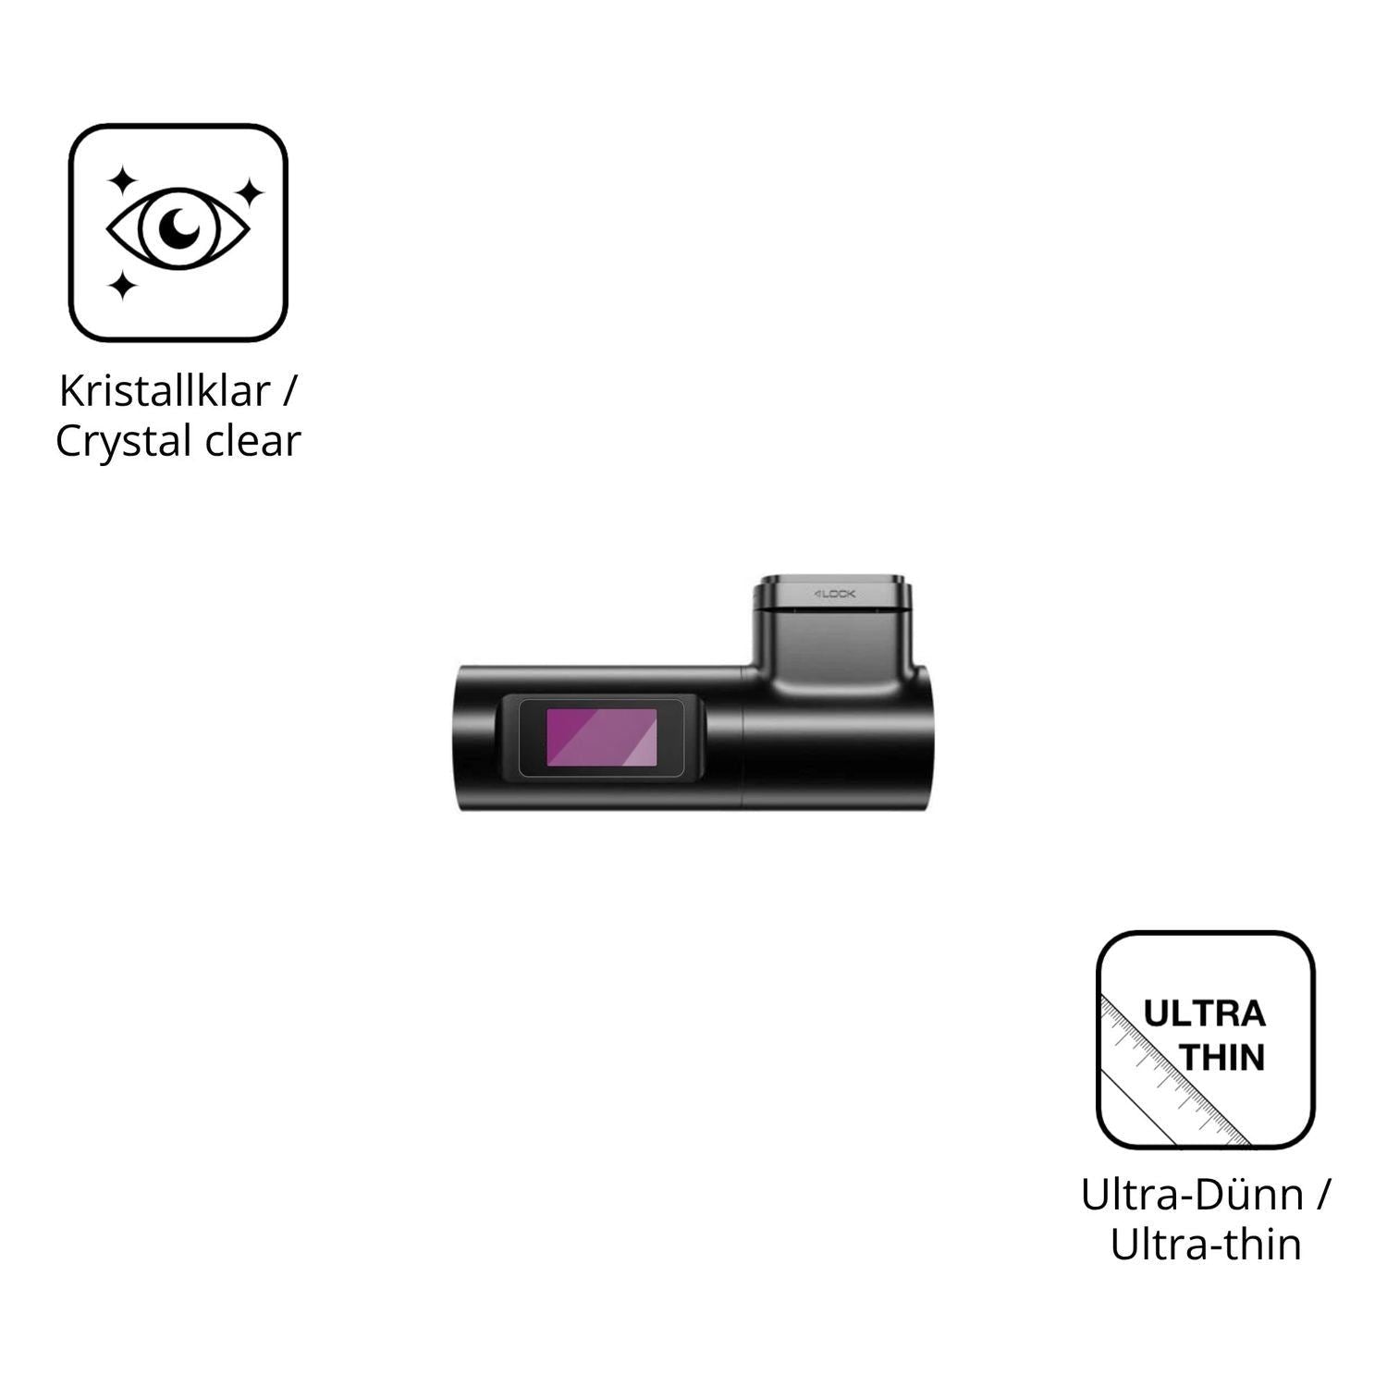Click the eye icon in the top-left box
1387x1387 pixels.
pyautogui.click(x=178, y=228)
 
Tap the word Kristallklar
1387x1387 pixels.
pyautogui.click(x=165, y=391)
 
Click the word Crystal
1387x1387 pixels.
pyautogui.click(x=124, y=442)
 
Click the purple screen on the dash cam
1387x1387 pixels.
pyautogui.click(x=601, y=738)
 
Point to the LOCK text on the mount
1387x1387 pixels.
pyautogui.click(x=835, y=594)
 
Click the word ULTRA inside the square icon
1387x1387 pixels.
pyautogui.click(x=1205, y=1014)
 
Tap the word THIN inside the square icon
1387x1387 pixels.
pyautogui.click(x=1223, y=1058)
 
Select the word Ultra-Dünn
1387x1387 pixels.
pyautogui.click(x=1192, y=1196)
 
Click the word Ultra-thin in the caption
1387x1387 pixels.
pyautogui.click(x=1206, y=1245)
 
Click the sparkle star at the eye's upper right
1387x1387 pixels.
pyautogui.click(x=248, y=193)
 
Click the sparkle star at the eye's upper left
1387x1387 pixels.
pyautogui.click(x=122, y=181)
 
